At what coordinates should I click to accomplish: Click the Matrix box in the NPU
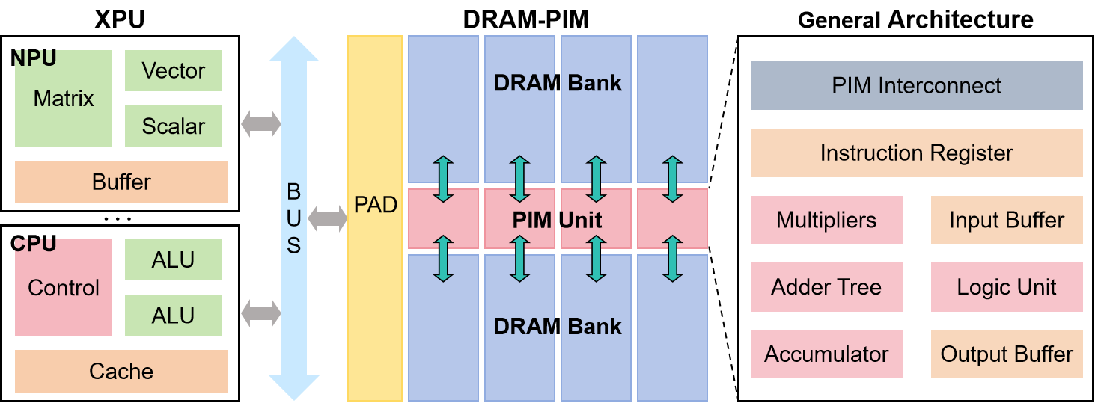(64, 98)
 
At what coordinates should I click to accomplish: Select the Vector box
(173, 71)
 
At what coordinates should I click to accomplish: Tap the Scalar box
(173, 126)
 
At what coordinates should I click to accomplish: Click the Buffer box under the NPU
(121, 182)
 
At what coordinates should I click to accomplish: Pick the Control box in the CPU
(64, 288)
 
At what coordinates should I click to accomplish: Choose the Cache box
(121, 371)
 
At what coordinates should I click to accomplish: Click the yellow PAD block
(375, 217)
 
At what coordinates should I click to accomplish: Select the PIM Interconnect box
(916, 86)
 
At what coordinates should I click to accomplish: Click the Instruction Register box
(916, 153)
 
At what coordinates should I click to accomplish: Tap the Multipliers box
(826, 220)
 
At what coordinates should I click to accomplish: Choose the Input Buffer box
(1007, 220)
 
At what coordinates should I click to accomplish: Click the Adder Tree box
(826, 287)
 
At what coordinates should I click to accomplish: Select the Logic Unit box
(1007, 287)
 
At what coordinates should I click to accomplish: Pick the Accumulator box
(826, 354)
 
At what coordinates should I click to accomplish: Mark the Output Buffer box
(1007, 354)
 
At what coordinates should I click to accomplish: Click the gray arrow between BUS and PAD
(328, 218)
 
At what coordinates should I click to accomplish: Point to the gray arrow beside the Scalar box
(260, 123)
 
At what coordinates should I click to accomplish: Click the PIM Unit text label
(558, 220)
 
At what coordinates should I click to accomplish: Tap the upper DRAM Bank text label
(558, 82)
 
